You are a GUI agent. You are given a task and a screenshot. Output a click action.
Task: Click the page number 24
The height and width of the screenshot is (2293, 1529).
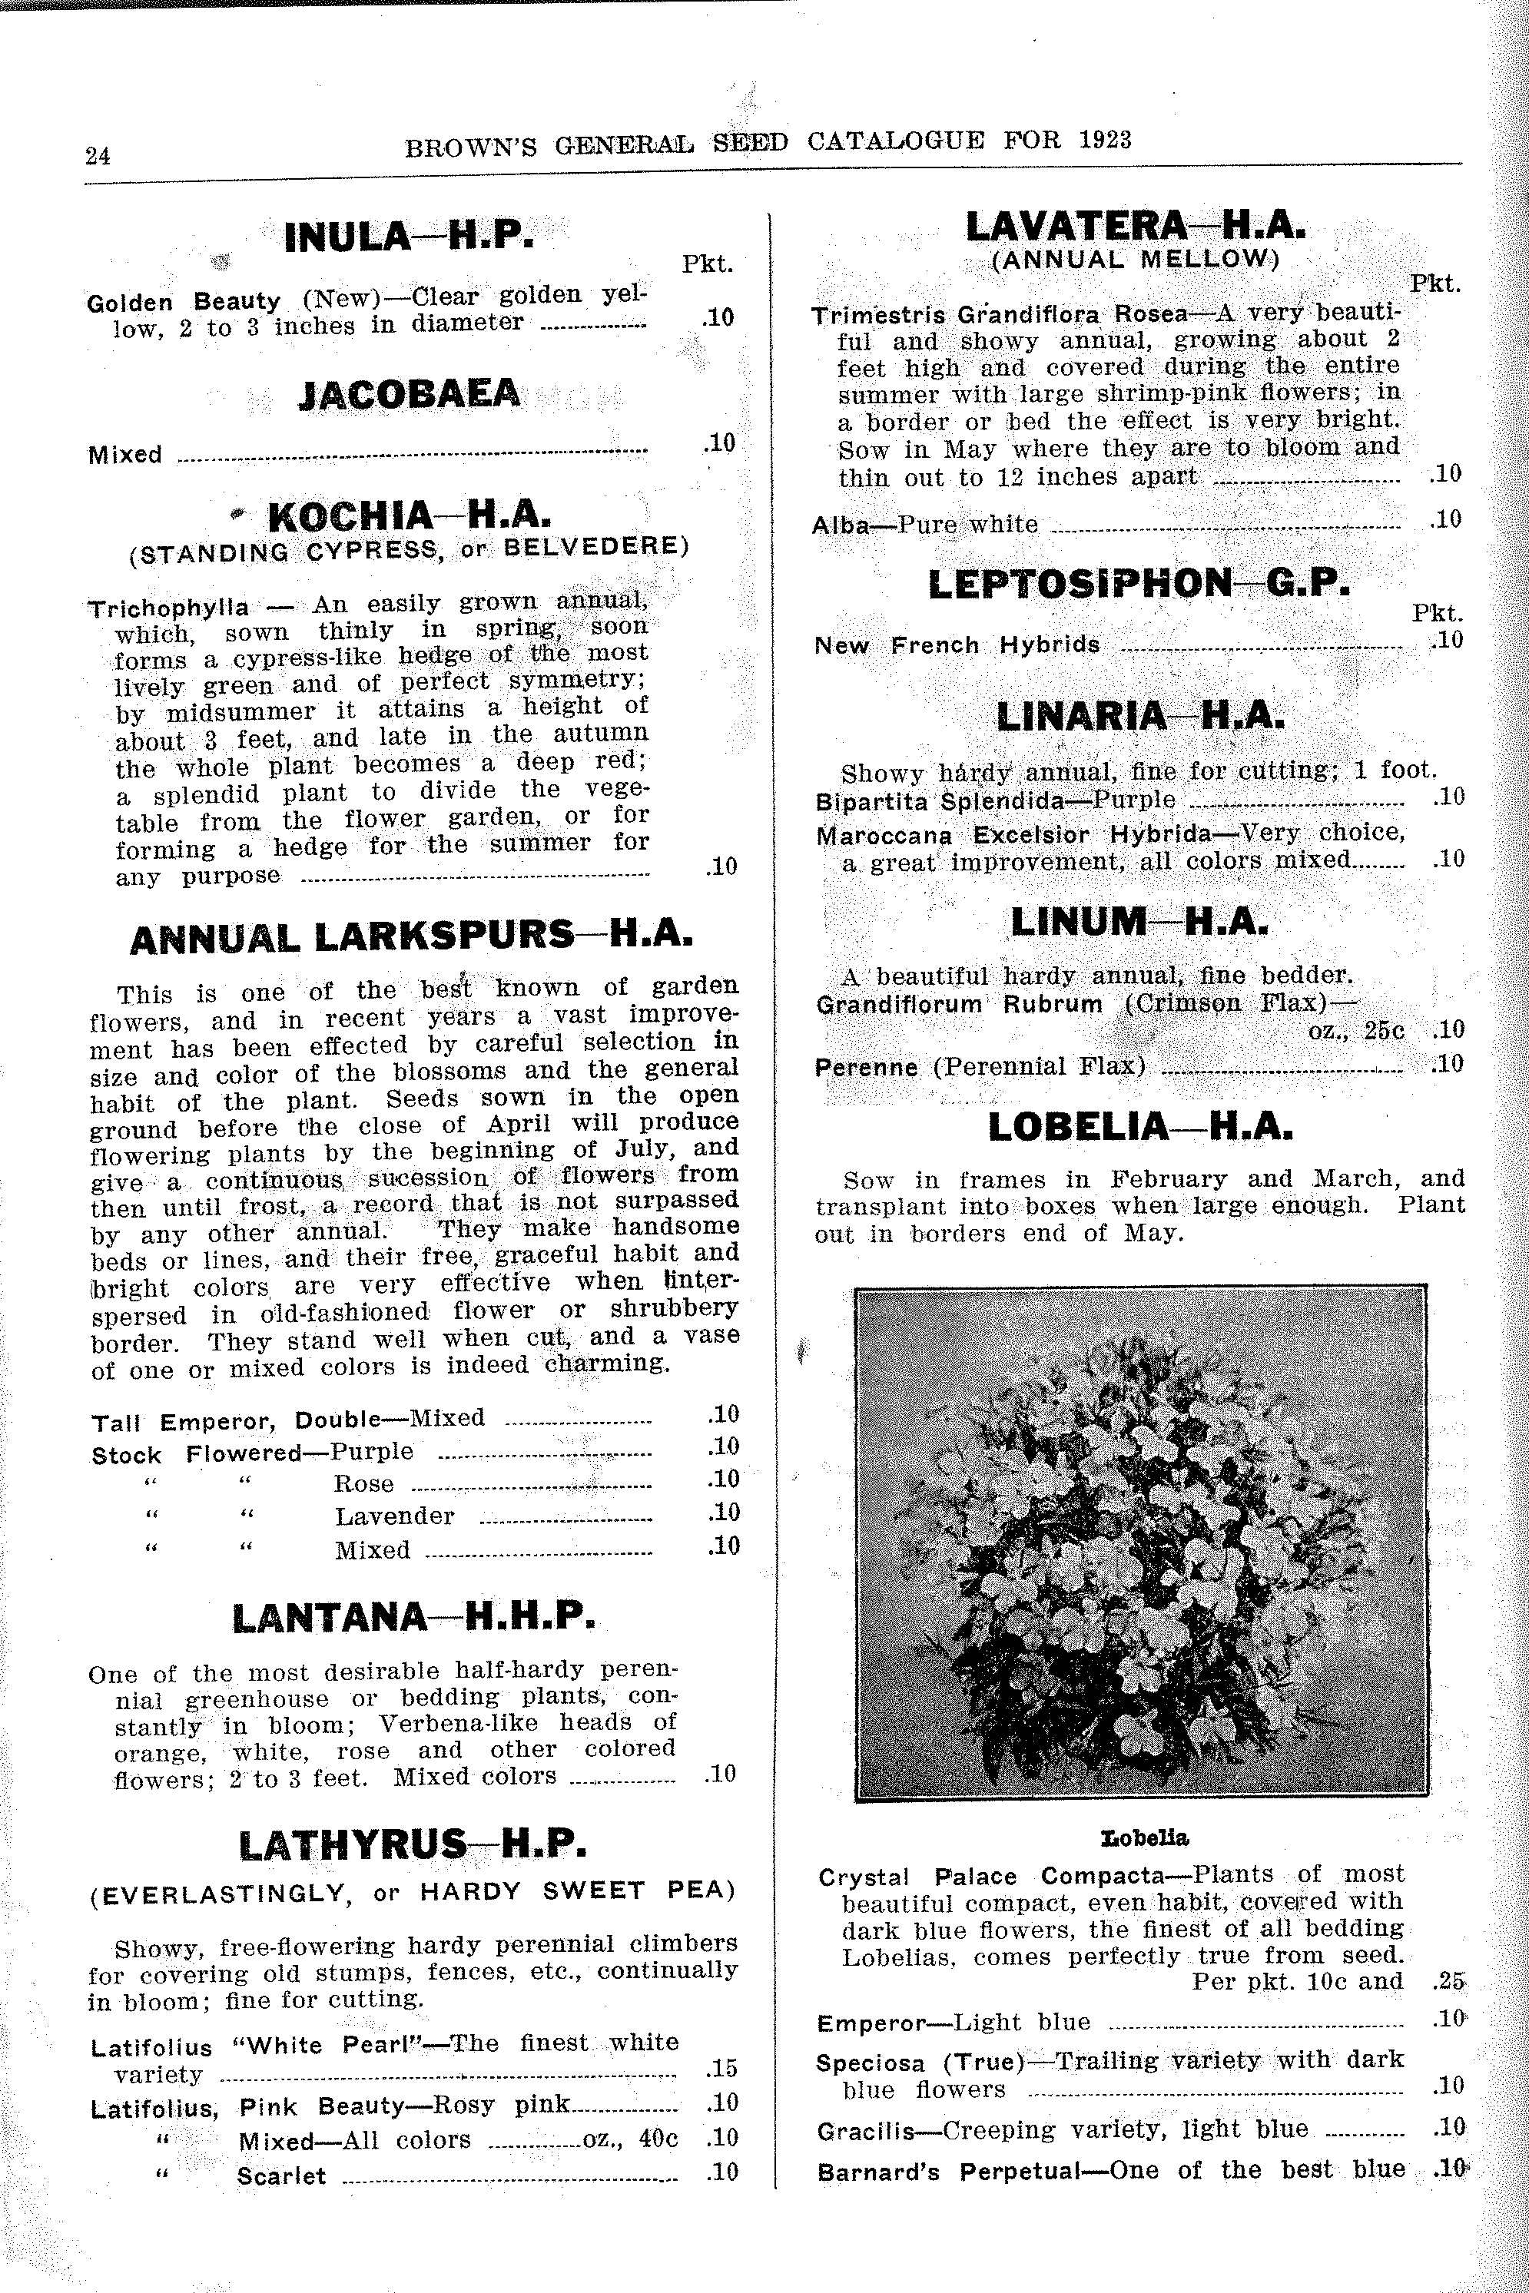click(x=98, y=156)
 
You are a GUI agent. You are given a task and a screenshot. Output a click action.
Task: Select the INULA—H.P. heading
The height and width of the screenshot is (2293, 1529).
click(x=409, y=237)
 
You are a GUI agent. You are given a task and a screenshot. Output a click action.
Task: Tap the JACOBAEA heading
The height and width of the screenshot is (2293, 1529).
click(x=409, y=395)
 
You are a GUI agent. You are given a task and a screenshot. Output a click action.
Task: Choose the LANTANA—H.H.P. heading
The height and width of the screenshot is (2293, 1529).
click(x=413, y=1619)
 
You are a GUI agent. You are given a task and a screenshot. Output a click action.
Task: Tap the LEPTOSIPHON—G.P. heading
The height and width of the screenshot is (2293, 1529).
click(x=1139, y=584)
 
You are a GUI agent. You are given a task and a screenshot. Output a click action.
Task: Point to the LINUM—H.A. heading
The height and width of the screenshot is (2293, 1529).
click(x=1139, y=921)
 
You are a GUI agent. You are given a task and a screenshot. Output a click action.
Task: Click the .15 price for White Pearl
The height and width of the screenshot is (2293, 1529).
click(x=721, y=2067)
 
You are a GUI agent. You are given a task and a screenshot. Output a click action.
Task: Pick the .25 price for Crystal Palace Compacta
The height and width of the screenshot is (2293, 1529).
click(x=1450, y=1982)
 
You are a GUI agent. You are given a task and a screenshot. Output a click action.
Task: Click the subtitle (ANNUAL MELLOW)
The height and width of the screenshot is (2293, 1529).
click(x=1135, y=260)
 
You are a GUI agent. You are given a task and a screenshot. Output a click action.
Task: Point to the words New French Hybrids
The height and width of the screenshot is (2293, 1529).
click(x=957, y=645)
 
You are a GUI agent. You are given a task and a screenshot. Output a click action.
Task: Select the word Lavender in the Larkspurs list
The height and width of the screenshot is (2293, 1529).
click(x=394, y=1517)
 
